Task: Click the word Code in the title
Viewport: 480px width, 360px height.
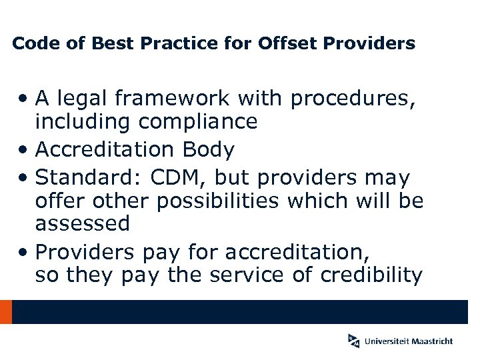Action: (x=33, y=44)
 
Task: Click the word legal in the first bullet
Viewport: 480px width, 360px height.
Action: (x=86, y=99)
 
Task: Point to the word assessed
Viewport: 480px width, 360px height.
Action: (x=83, y=223)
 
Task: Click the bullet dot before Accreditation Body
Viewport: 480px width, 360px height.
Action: (x=23, y=150)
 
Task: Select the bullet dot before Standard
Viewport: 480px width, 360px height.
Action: (x=23, y=178)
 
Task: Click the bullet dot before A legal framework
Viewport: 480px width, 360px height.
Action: (x=23, y=99)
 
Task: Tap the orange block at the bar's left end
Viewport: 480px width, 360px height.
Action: (x=6, y=312)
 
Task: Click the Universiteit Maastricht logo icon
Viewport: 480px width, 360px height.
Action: (x=353, y=341)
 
